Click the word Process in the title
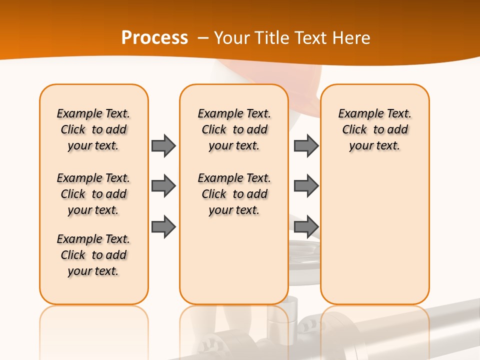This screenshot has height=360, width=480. point(154,38)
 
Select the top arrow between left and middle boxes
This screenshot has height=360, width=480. point(163,145)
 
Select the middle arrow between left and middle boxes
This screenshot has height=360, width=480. point(163,186)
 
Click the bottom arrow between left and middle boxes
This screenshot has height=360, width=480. point(163,227)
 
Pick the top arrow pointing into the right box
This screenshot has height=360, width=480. point(306,145)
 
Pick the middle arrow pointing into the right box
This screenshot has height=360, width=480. point(306,186)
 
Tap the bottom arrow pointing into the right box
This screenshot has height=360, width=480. point(306,227)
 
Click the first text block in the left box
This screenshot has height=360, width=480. point(93,129)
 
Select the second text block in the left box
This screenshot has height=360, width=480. point(93,194)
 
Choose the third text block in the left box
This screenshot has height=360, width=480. point(93,255)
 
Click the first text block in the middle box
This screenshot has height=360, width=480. point(234,129)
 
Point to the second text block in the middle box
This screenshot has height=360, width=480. point(234,194)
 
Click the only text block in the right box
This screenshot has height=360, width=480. point(374,129)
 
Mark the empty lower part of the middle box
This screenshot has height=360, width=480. point(234,260)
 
